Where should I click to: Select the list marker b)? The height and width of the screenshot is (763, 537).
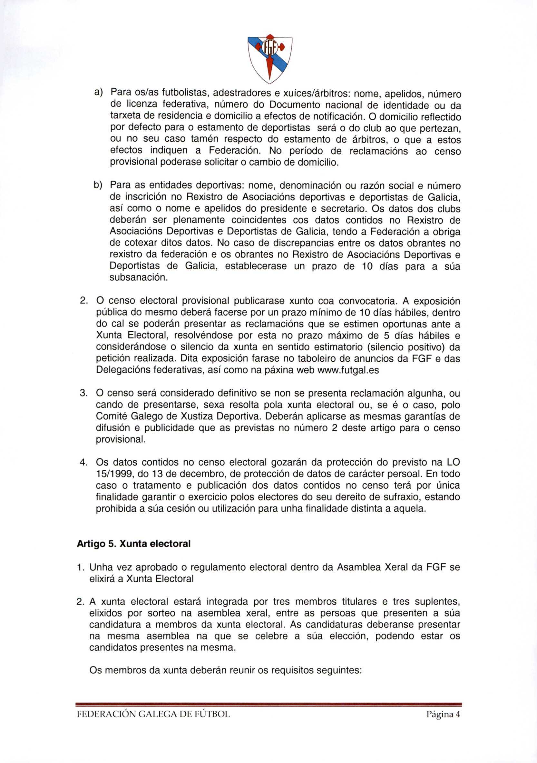coord(98,185)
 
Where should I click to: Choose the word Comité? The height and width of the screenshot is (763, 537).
coord(112,416)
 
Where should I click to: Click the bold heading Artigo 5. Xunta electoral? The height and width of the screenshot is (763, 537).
coord(133,544)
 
